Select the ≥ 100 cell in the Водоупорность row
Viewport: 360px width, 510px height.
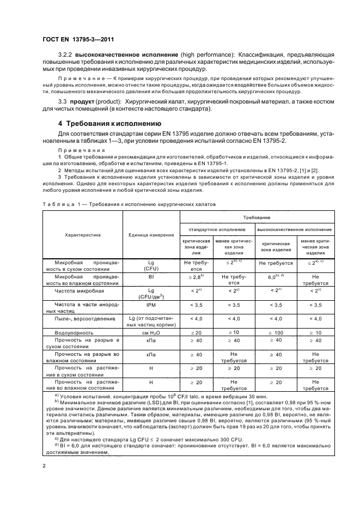tap(278, 331)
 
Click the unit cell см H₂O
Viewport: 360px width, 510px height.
tap(150, 331)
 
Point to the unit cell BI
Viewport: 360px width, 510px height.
tap(150, 277)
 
